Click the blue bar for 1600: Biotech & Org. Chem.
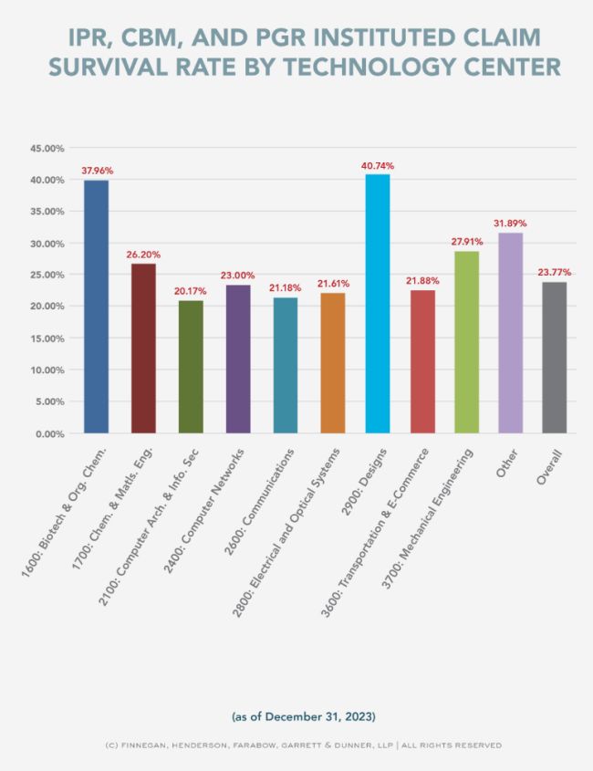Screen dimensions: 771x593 coord(96,307)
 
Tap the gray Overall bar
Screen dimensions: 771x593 coord(554,357)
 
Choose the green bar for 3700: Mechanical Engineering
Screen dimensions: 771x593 coord(466,342)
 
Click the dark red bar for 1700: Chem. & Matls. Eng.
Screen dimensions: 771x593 coord(143,348)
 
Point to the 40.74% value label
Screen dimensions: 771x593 coord(377,166)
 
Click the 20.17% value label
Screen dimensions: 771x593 coord(191,291)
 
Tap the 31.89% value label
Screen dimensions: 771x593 coord(510,224)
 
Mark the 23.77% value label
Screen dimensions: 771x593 coord(554,272)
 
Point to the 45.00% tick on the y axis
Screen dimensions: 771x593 coord(47,148)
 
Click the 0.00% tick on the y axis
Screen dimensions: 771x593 coord(50,433)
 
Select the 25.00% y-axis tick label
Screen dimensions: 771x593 coord(47,275)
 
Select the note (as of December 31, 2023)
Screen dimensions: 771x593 coord(296,714)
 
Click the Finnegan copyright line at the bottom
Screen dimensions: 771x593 coord(296,745)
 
